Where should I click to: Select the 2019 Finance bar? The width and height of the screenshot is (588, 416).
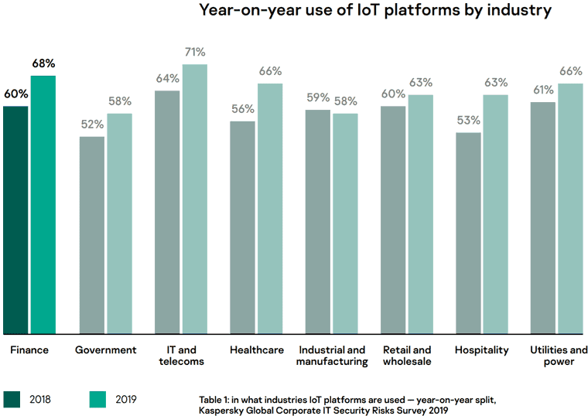(x=43, y=204)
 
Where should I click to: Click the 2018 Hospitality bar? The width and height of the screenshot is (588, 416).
(x=469, y=232)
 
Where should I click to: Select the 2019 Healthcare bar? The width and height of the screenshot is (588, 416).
(x=270, y=208)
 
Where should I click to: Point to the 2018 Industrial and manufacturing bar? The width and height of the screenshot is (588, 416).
(x=318, y=221)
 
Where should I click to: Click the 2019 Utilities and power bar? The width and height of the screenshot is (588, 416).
(x=570, y=208)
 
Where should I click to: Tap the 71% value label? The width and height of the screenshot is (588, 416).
(x=195, y=52)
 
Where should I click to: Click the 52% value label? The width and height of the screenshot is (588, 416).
(x=91, y=124)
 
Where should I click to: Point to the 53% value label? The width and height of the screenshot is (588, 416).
(x=469, y=121)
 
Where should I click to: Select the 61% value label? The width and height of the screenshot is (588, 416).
(x=543, y=90)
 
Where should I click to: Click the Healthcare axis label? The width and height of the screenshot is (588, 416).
(x=257, y=350)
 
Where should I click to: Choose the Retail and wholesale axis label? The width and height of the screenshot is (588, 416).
(x=408, y=356)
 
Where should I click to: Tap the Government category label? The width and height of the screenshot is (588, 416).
(x=105, y=350)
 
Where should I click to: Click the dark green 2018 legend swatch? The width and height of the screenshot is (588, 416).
(x=12, y=398)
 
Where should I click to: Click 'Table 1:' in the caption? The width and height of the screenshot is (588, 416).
(x=214, y=398)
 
